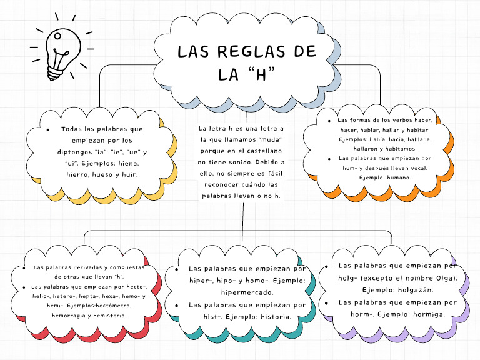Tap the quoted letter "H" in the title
(261, 75)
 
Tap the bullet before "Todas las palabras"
(49, 129)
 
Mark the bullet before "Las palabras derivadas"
(22, 267)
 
